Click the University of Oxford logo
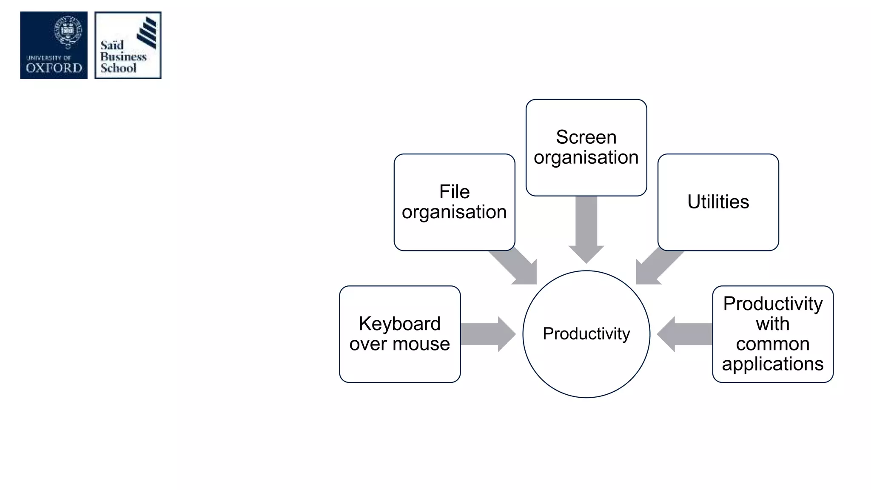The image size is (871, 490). click(x=54, y=45)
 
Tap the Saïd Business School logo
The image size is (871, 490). click(x=128, y=45)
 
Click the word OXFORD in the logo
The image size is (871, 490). click(x=54, y=68)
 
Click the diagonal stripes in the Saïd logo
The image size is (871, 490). click(x=147, y=32)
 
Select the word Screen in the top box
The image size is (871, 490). click(x=586, y=137)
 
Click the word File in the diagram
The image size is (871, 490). click(x=454, y=192)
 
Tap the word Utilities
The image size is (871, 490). click(x=718, y=202)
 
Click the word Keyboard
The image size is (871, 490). click(x=399, y=324)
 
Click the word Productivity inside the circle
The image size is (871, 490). click(x=586, y=334)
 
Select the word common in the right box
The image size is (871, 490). click(x=772, y=344)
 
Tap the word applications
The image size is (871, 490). click(x=772, y=364)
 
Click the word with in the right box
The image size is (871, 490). click(x=772, y=324)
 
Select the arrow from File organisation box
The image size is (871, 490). click(x=517, y=265)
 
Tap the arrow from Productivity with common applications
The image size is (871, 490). click(x=686, y=334)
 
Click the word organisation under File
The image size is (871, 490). click(x=454, y=212)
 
